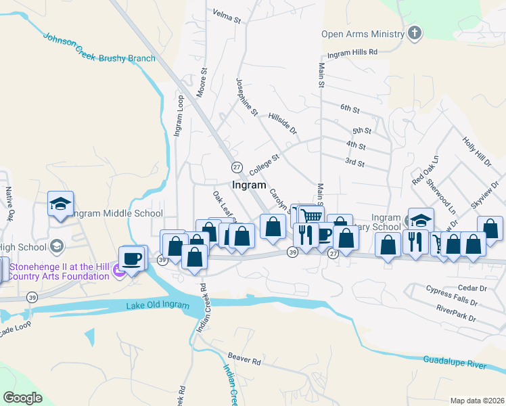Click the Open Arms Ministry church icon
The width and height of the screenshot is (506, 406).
pyautogui.click(x=415, y=33)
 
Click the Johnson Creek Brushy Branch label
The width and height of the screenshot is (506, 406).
pyautogui.click(x=99, y=47)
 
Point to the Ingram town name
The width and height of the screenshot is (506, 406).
pyautogui.click(x=249, y=185)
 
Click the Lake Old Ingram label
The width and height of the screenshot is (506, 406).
pyautogui.click(x=158, y=305)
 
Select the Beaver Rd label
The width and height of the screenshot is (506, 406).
pyautogui.click(x=244, y=361)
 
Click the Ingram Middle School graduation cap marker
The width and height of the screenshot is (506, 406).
pyautogui.click(x=60, y=202)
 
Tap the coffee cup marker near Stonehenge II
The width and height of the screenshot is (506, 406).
pyautogui.click(x=132, y=257)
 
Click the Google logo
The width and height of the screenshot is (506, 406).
pyautogui.click(x=23, y=398)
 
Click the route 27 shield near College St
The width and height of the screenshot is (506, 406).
pyautogui.click(x=237, y=166)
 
